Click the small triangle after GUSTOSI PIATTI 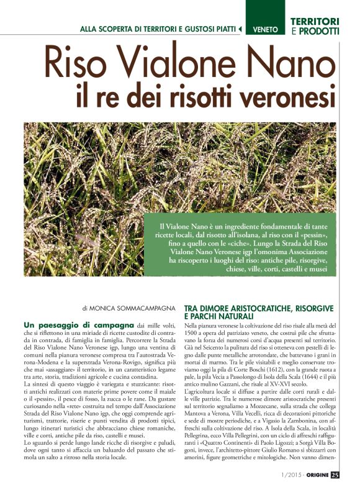coord(240,29)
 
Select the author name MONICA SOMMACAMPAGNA coord(132,307)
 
